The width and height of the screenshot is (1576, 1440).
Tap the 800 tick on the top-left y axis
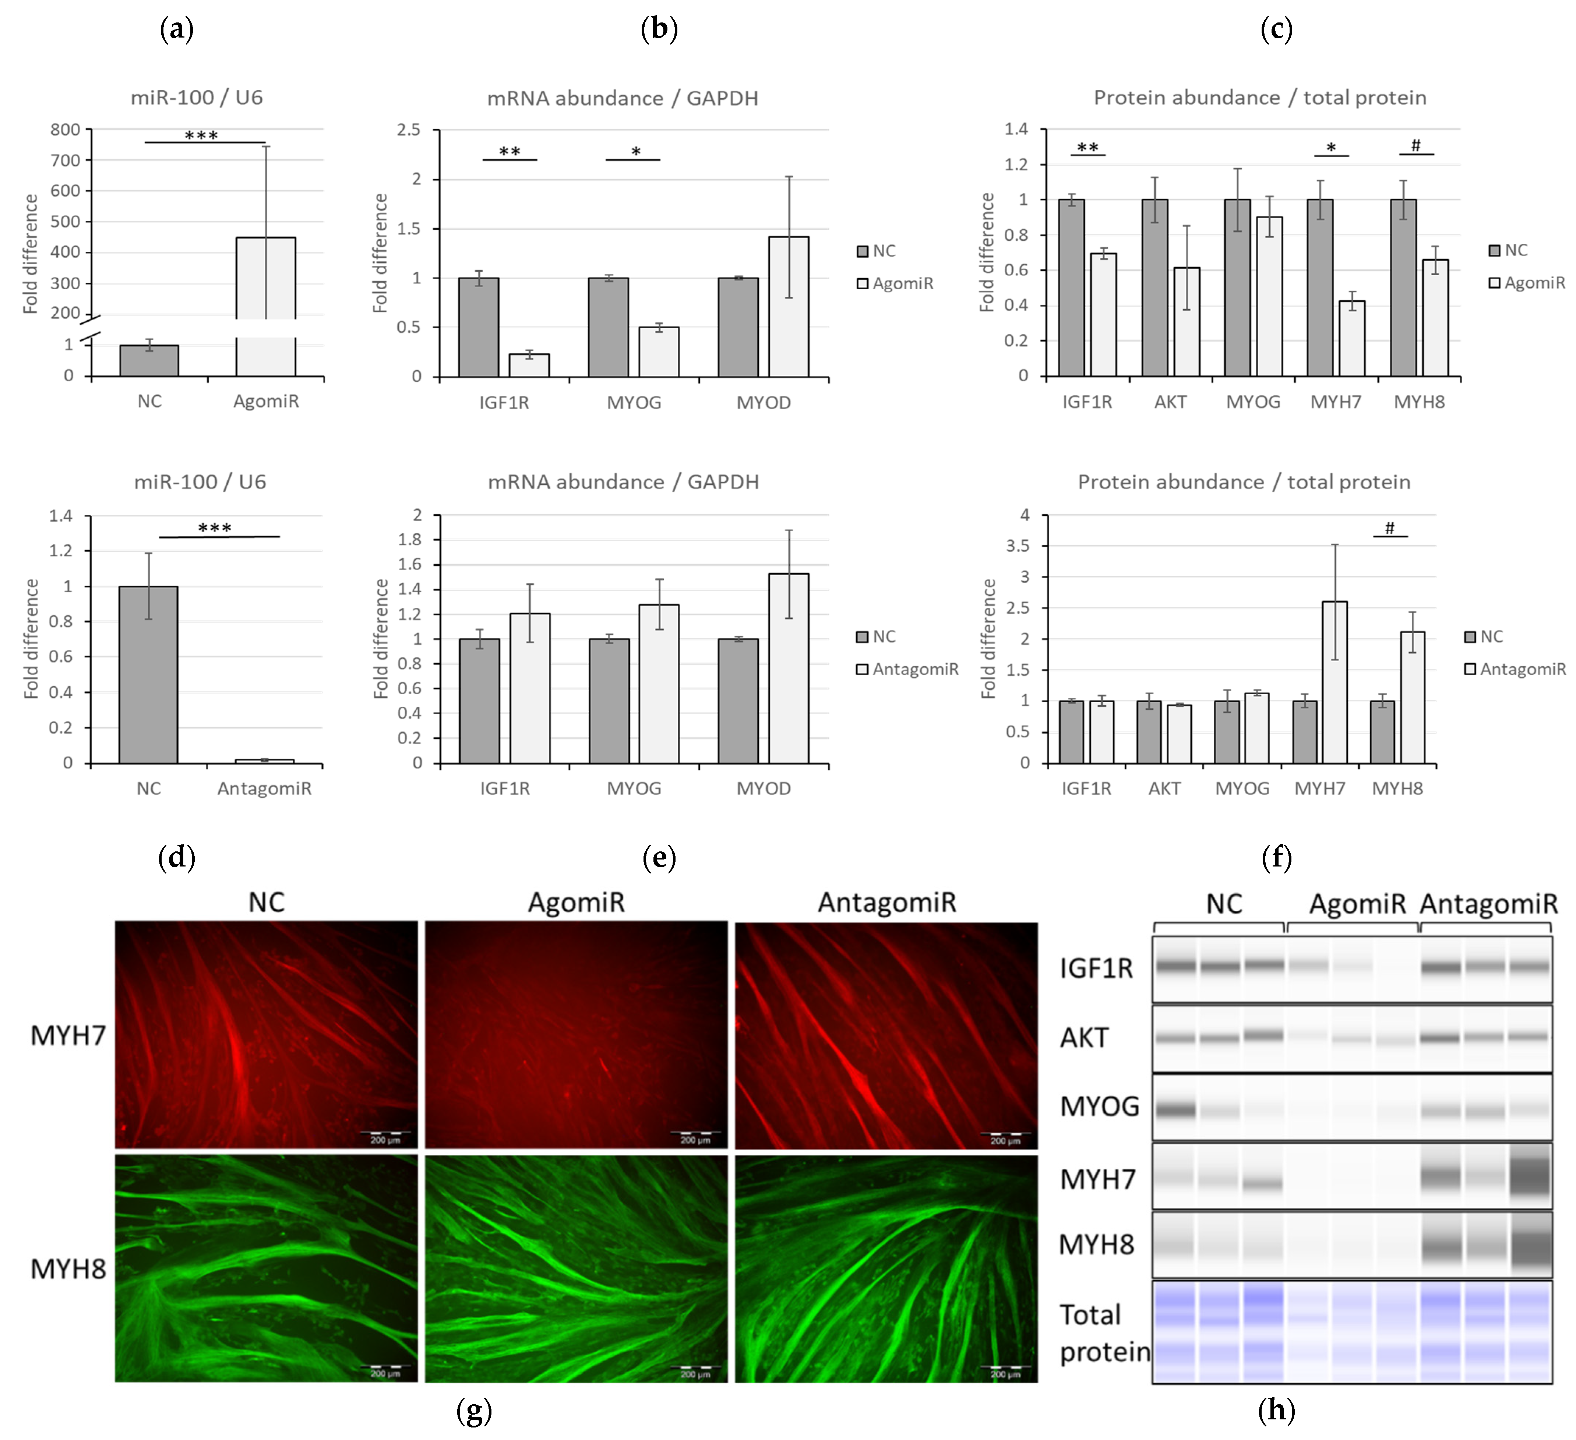pyautogui.click(x=66, y=130)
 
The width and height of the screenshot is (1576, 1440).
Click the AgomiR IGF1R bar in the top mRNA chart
pyautogui.click(x=529, y=365)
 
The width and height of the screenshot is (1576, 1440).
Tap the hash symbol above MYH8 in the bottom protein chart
pyautogui.click(x=1389, y=529)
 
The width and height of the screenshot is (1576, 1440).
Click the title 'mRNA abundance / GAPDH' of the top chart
pyautogui.click(x=622, y=99)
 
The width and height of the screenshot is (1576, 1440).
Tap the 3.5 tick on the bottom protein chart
pyautogui.click(x=1018, y=546)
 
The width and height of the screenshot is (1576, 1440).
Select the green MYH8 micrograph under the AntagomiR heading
pyautogui.click(x=886, y=1268)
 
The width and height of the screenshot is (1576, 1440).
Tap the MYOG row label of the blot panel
pyautogui.click(x=1099, y=1106)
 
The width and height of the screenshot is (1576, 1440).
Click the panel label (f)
pyautogui.click(x=1276, y=858)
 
